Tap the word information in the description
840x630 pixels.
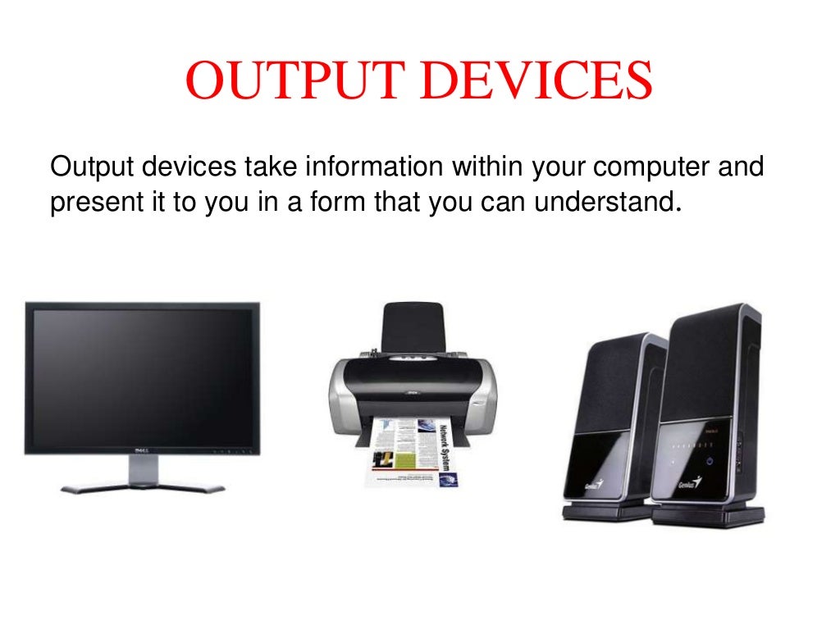click(373, 168)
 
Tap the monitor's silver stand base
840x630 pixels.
click(143, 486)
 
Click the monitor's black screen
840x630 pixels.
click(142, 374)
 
